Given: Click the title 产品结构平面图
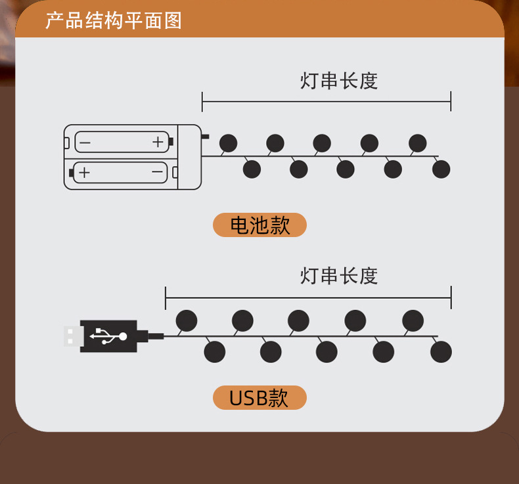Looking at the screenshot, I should point(114,20).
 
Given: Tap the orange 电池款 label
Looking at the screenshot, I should point(259,225).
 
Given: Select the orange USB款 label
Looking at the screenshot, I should point(259,398).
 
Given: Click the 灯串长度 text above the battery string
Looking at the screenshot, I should point(339,81).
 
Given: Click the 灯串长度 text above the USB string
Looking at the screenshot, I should point(339,276).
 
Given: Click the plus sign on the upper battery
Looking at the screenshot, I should point(158,141).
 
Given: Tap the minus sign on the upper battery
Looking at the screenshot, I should point(85,141).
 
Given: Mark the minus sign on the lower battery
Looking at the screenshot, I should point(158,173).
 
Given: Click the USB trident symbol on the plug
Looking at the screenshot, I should point(109,336).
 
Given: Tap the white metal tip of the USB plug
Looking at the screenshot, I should point(72,336).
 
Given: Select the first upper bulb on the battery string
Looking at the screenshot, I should point(228,143).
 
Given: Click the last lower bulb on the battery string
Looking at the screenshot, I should point(441,169).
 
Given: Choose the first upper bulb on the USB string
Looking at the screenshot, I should point(187,320).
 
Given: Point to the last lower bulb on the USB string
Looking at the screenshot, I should point(441,352).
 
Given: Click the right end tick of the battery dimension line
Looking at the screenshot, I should point(451,102).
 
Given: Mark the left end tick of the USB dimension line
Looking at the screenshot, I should point(166,297).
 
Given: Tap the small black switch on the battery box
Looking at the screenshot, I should point(205,137).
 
